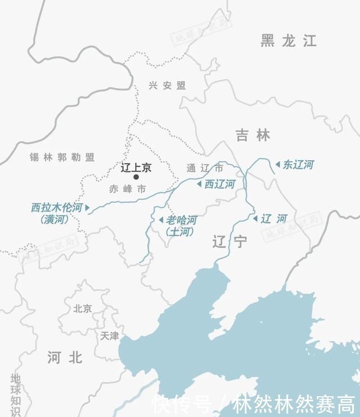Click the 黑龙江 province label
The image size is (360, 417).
coord(289,40)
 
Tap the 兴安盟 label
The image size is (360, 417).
coord(167,85)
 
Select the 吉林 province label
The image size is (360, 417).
coord(253,135)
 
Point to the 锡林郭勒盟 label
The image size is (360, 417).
coord(62,157)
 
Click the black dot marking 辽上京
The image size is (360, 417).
coord(136,177)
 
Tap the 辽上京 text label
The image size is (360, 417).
coord(136,167)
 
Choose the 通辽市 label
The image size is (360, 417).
coord(205,168)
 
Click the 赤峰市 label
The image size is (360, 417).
coord(127,189)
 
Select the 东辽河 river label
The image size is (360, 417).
coord(298,165)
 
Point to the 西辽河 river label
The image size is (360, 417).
coord(219,184)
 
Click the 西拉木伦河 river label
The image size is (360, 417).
coord(56,208)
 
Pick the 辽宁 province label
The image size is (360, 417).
coord(229,242)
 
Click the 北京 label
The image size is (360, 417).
coord(83,308)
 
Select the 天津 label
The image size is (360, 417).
coord(110,336)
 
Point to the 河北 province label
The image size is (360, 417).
coord(65,357)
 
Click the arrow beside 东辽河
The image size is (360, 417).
coord(277,165)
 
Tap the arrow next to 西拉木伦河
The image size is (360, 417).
coord(87,208)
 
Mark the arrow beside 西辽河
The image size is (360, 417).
coord(199,184)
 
